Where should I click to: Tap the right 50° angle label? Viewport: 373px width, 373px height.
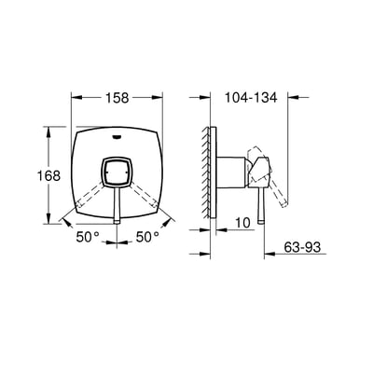(147, 239)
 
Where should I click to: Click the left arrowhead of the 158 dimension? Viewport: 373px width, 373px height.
(76, 95)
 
